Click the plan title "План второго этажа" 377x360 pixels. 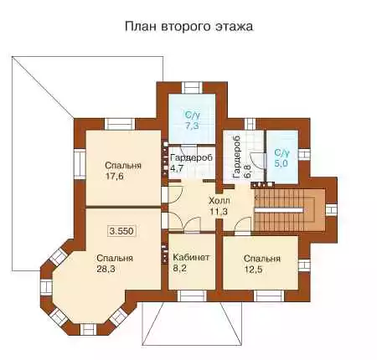(188, 27)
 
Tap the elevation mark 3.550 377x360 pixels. (122, 231)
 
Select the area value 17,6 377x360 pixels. (115, 177)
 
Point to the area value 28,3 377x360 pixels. (106, 269)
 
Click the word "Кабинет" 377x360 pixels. (191, 257)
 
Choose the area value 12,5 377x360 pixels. (253, 270)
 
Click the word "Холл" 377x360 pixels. (219, 200)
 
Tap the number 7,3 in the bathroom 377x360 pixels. (192, 126)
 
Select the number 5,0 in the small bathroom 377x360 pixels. (281, 163)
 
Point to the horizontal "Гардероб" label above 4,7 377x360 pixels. (191, 157)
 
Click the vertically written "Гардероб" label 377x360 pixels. (237, 157)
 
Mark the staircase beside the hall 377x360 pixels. (290, 210)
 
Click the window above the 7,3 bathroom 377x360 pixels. (192, 88)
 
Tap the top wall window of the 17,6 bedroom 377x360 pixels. (120, 124)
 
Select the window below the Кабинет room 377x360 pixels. (192, 296)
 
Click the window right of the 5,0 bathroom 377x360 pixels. (304, 154)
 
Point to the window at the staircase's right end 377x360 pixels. (331, 210)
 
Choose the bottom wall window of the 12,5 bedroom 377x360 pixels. (269, 296)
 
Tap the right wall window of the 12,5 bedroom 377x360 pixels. (304, 265)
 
